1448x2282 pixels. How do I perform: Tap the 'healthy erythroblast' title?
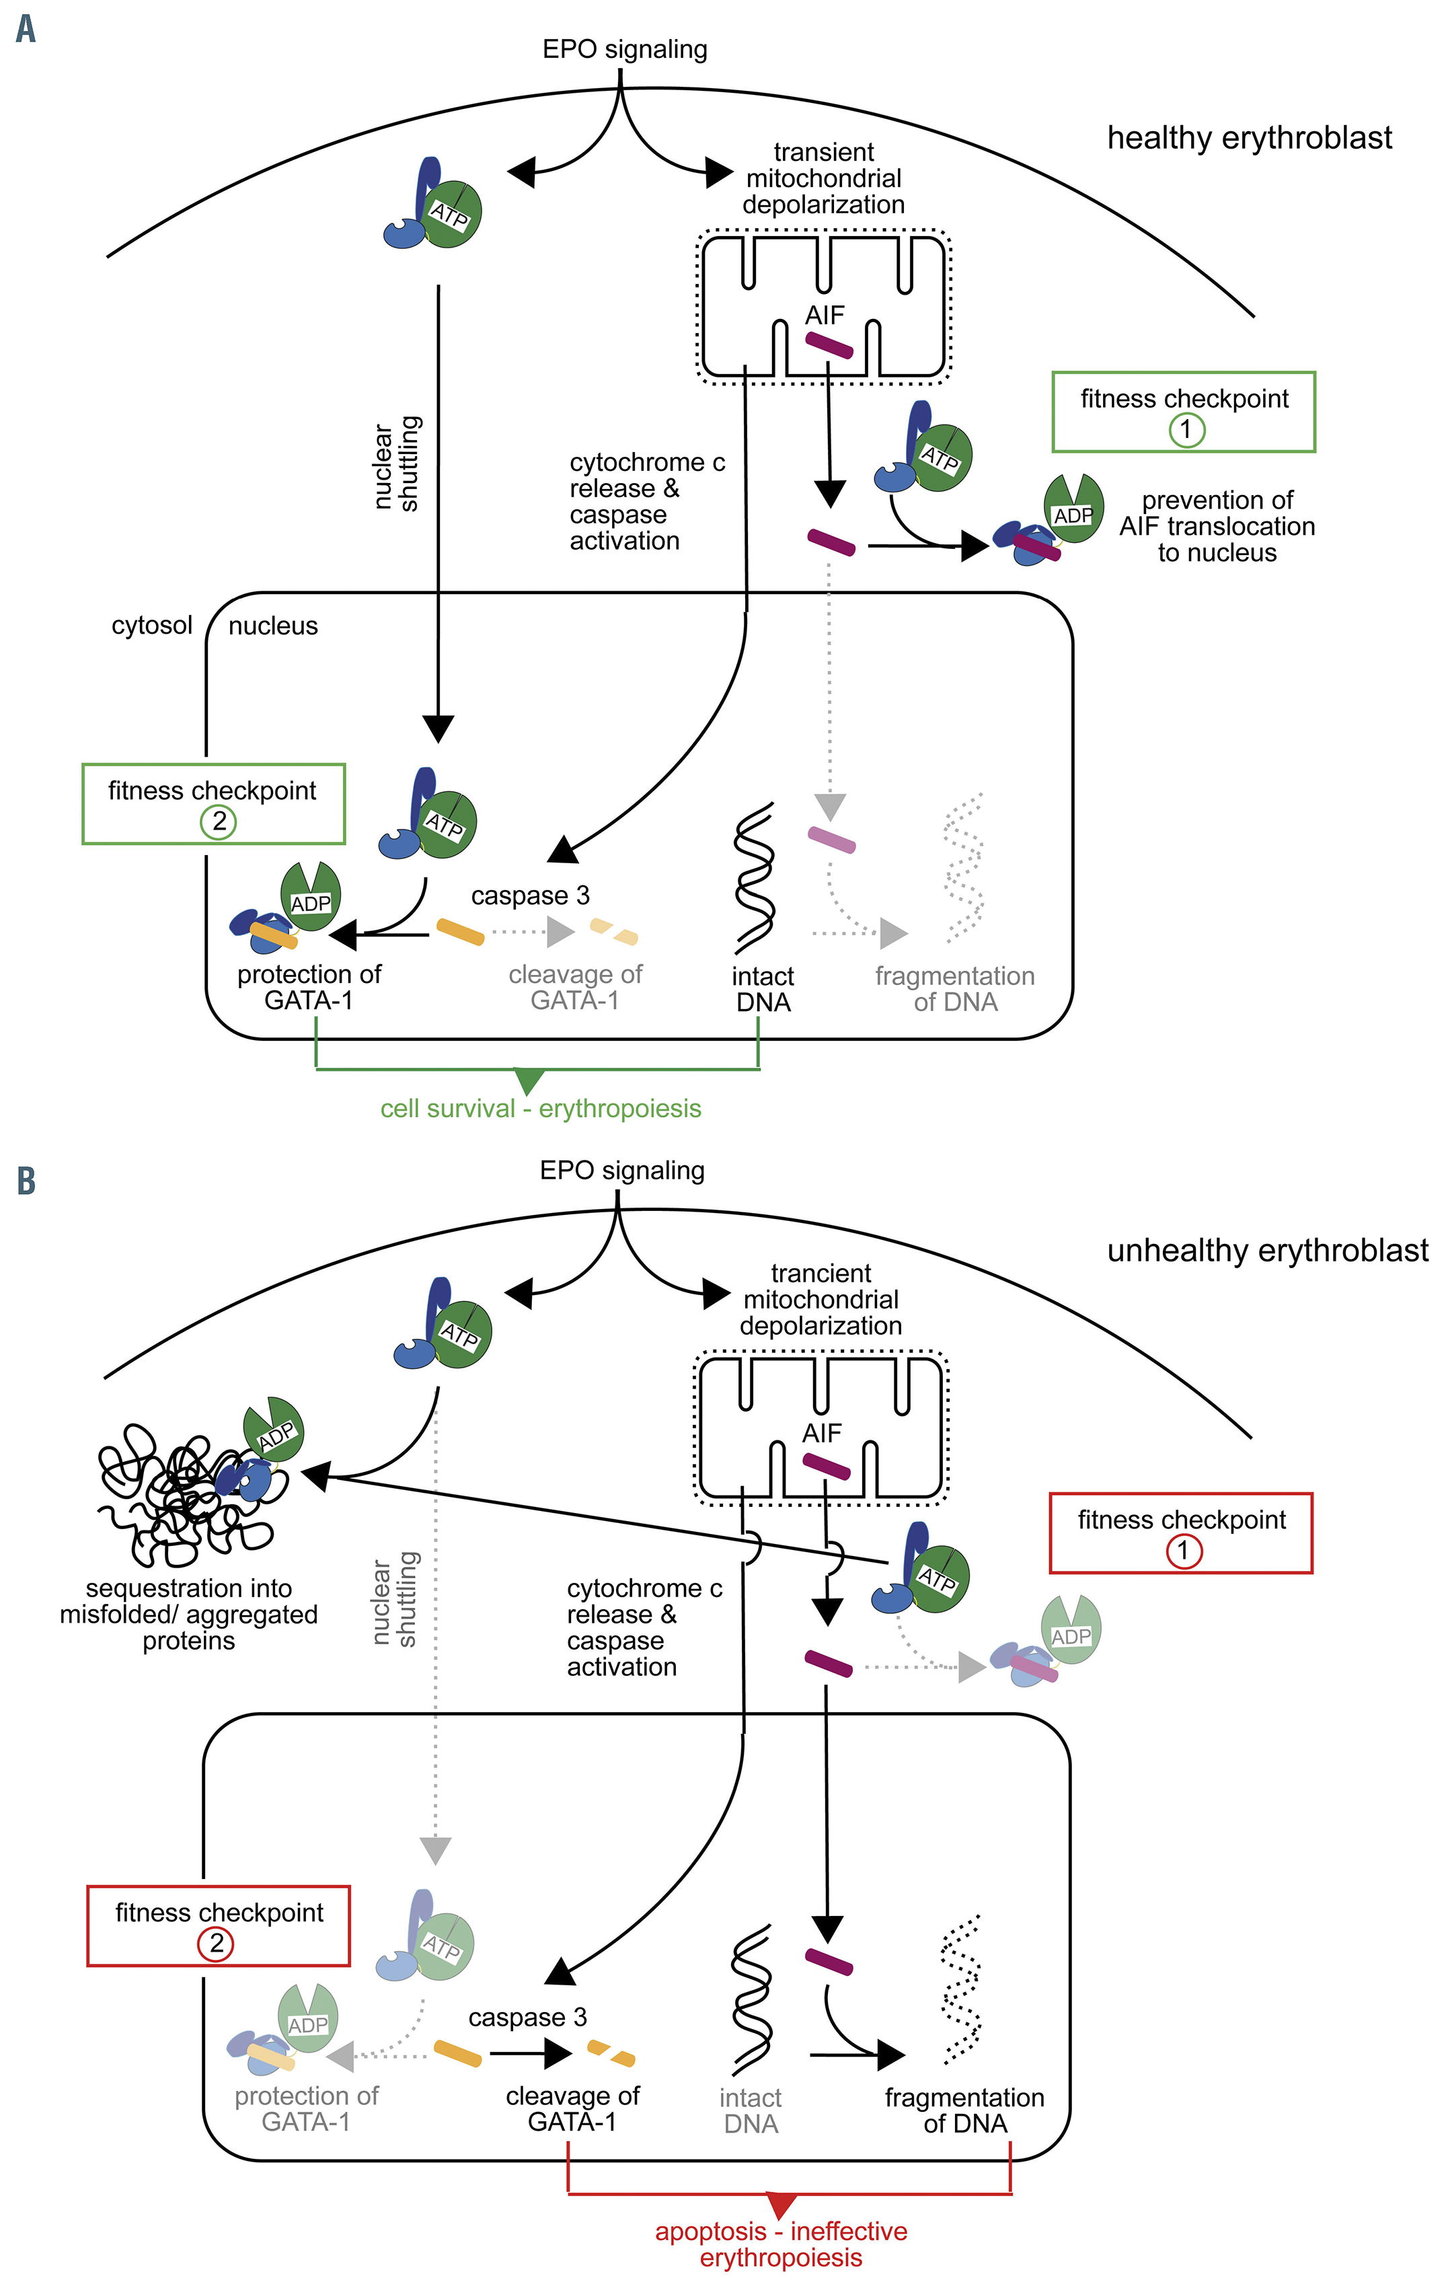tap(1249, 139)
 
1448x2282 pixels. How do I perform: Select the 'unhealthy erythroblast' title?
tap(1267, 1251)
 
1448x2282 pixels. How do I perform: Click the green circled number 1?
tap(1184, 431)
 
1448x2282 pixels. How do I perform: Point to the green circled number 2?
tap(218, 821)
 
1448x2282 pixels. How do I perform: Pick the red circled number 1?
tap(1182, 1551)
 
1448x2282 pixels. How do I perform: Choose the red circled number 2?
tap(215, 1944)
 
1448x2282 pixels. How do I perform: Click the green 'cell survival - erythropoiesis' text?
tap(540, 1109)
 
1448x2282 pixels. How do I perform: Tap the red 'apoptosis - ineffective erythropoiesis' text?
tap(781, 2244)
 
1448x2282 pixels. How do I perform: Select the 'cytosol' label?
tap(151, 626)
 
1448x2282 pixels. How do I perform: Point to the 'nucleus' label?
tap(273, 626)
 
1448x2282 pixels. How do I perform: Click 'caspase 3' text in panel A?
tap(530, 895)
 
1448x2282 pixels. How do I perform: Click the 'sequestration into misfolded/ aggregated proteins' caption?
tap(188, 1614)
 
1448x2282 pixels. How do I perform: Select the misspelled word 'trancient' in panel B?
tap(821, 1274)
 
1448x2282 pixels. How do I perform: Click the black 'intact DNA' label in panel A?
tap(763, 990)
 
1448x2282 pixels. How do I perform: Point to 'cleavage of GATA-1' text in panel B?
tap(572, 2108)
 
